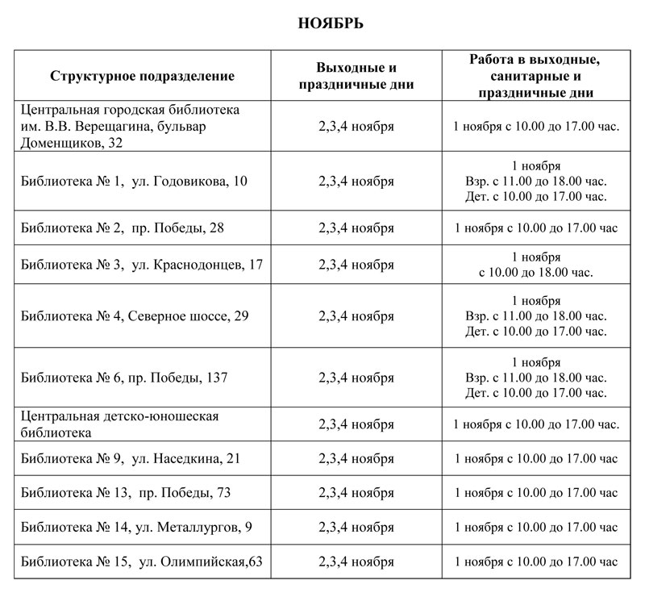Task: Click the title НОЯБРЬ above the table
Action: pyautogui.click(x=331, y=23)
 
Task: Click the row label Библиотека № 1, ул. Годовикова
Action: pyautogui.click(x=135, y=181)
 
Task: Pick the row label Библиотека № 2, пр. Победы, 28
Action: pyautogui.click(x=123, y=228)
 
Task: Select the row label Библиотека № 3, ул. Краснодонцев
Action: pyautogui.click(x=142, y=265)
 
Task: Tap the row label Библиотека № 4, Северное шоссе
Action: pyautogui.click(x=135, y=315)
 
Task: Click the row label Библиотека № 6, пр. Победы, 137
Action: pyautogui.click(x=128, y=377)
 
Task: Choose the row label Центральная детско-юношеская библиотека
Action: pyautogui.click(x=120, y=424)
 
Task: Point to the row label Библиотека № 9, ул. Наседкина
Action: pyautogui.click(x=131, y=458)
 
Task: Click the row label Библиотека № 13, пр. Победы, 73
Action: pyautogui.click(x=126, y=493)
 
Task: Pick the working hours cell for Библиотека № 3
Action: pyautogui.click(x=536, y=265)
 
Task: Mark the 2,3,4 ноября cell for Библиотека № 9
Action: pyautogui.click(x=356, y=458)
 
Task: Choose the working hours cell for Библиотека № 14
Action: pyautogui.click(x=536, y=528)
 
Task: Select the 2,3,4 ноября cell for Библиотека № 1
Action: pyautogui.click(x=356, y=181)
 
